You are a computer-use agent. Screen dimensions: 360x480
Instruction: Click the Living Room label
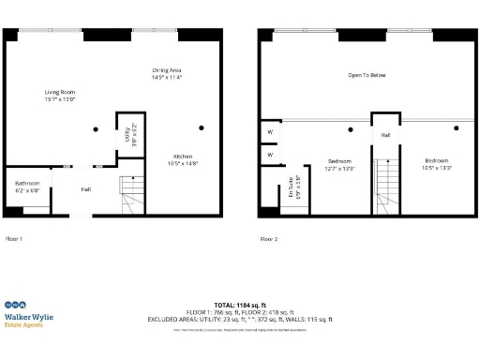59,95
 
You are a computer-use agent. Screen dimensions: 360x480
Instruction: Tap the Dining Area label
166,74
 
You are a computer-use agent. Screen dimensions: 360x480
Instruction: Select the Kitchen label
185,159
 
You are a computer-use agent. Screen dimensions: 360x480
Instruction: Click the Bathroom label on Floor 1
26,186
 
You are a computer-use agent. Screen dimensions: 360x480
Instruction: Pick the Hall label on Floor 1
85,189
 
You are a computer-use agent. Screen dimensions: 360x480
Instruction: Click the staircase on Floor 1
130,196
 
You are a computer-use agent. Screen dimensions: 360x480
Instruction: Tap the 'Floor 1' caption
14,239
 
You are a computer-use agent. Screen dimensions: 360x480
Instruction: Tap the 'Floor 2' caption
268,239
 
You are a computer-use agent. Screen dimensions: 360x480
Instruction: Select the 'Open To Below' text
367,75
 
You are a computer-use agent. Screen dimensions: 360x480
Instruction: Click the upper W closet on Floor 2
270,132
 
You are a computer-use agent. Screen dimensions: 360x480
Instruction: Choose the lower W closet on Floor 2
270,154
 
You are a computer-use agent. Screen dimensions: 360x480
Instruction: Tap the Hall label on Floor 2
384,135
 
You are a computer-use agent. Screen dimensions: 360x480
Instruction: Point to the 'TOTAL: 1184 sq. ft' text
240,305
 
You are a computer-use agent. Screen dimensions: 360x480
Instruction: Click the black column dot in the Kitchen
201,127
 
